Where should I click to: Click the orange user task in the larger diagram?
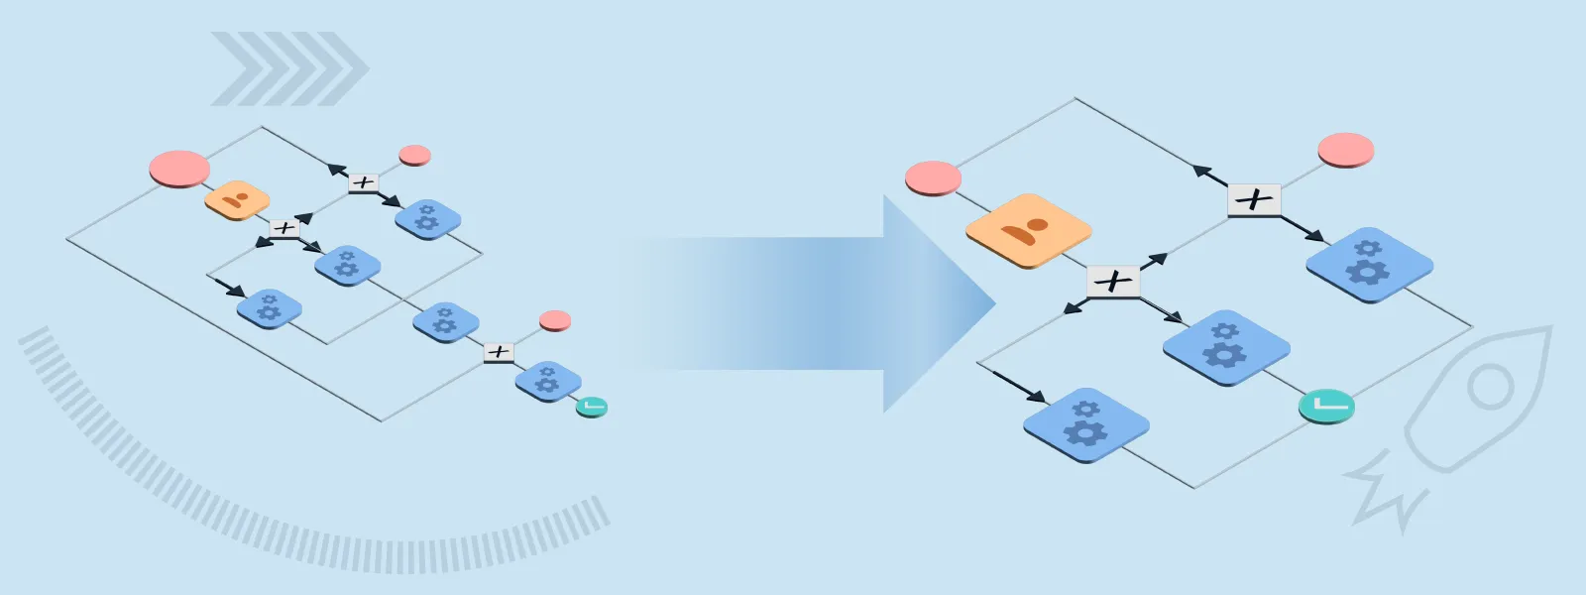1028,231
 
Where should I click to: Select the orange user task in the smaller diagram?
237,200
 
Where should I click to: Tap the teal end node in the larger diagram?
1326,406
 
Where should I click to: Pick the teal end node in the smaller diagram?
591,407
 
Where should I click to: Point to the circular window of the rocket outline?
1490,387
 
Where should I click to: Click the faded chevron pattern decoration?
287,68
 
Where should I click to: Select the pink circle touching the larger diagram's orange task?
933,178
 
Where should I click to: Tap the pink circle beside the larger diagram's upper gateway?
1345,150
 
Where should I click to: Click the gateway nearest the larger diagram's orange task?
1113,282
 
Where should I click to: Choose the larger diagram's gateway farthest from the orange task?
1254,200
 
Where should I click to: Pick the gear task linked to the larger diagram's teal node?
1225,347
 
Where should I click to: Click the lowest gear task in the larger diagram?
1085,425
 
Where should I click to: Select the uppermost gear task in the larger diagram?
1369,263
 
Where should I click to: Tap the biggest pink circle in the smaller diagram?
179,169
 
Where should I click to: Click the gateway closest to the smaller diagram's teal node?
499,352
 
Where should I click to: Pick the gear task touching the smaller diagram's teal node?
547,381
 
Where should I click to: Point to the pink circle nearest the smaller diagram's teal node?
555,320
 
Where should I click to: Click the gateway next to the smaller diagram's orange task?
284,228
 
